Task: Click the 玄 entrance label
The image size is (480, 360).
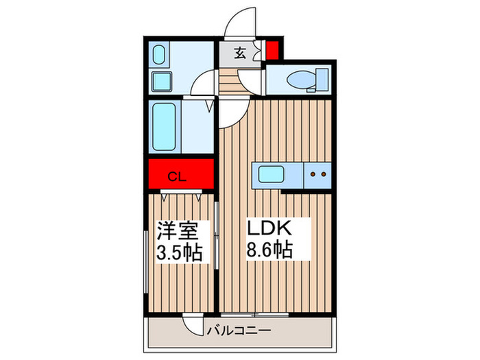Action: click(240, 53)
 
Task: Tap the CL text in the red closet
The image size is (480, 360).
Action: click(177, 177)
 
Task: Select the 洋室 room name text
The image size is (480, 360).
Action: click(178, 230)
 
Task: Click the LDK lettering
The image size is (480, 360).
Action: click(269, 228)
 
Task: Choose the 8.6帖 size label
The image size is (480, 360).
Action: click(269, 250)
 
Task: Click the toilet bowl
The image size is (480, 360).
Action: click(300, 80)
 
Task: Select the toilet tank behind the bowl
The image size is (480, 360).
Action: click(322, 80)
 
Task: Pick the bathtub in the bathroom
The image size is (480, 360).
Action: click(164, 126)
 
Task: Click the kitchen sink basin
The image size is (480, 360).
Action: click(271, 174)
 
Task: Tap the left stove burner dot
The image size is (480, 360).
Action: click(313, 174)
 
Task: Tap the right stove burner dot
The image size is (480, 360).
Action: click(324, 174)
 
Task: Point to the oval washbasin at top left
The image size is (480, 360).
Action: click(159, 55)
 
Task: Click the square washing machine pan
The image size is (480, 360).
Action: click(162, 81)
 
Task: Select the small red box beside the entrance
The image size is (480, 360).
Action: click(272, 50)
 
